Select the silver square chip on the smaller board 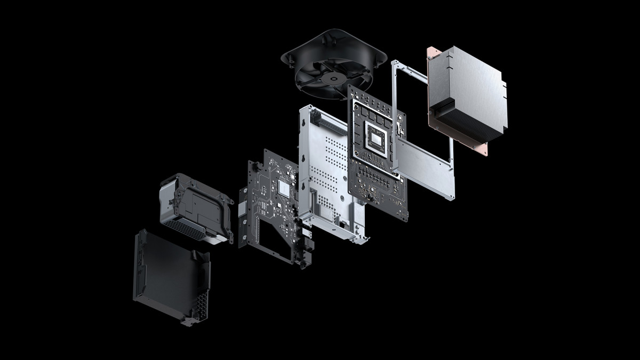click(x=284, y=187)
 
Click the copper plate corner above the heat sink click(x=433, y=53)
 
